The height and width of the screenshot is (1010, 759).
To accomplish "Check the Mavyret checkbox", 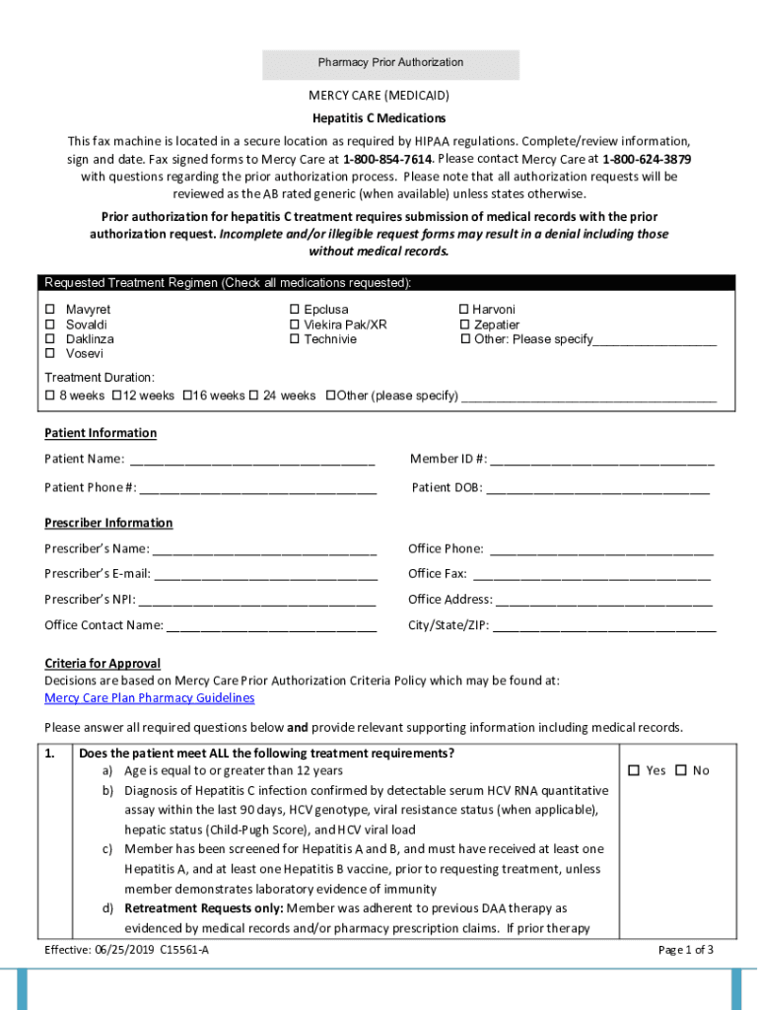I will pyautogui.click(x=50, y=310).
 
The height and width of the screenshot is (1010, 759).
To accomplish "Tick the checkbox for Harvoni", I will pyautogui.click(x=464, y=310).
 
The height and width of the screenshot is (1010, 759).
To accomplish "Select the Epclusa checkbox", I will pyautogui.click(x=294, y=310).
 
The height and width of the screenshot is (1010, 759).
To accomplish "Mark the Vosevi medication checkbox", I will pyautogui.click(x=50, y=353).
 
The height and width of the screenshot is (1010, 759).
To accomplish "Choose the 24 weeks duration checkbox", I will pyautogui.click(x=253, y=396).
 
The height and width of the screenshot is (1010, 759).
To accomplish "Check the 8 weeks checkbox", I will pyautogui.click(x=50, y=396).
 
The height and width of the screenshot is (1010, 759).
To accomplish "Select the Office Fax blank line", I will pyautogui.click(x=591, y=574).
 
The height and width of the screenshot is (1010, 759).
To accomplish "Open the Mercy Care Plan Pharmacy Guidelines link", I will pyautogui.click(x=150, y=698).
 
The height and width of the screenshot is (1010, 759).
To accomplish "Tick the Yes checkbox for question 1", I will pyautogui.click(x=635, y=770).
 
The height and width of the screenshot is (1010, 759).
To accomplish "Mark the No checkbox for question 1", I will pyautogui.click(x=680, y=770).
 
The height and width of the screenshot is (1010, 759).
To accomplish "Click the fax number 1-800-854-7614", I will pyautogui.click(x=387, y=159).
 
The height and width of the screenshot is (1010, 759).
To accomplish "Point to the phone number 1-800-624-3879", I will pyautogui.click(x=646, y=159).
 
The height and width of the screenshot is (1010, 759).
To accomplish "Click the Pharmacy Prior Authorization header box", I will pyautogui.click(x=390, y=63).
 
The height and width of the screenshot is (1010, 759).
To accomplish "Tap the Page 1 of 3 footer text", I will pyautogui.click(x=685, y=950).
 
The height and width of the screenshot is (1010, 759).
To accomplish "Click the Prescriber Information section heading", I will pyautogui.click(x=108, y=523).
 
